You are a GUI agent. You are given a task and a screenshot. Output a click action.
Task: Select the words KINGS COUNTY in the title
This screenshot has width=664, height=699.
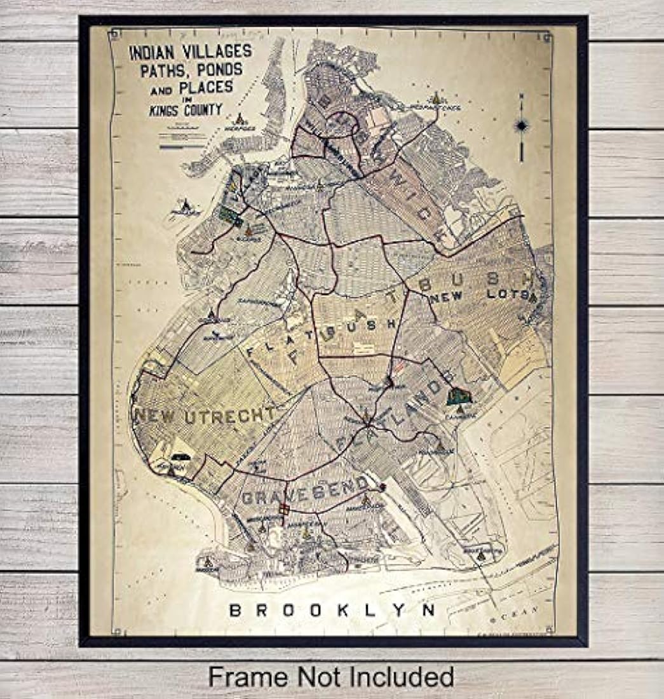tap(186, 110)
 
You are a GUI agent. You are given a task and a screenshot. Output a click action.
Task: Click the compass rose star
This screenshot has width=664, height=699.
tap(521, 126)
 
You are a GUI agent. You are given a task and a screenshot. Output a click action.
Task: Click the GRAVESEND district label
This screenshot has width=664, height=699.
tap(304, 490)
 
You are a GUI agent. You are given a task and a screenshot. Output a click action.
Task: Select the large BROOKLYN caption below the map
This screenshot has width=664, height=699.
tap(332, 610)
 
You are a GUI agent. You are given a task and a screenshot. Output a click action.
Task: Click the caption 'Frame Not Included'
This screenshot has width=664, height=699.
tap(331, 676)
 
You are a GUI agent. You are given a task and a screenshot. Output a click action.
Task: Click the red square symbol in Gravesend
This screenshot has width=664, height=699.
tap(285, 509)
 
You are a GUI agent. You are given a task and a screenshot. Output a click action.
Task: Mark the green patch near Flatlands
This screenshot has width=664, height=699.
tap(458, 397)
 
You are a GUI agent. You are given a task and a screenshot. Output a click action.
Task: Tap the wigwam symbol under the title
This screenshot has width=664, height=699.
tap(240, 119)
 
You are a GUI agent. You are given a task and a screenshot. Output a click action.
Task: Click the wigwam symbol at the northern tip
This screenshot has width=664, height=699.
tap(436, 98)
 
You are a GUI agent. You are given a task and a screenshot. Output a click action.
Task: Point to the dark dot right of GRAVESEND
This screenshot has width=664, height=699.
tap(382, 487)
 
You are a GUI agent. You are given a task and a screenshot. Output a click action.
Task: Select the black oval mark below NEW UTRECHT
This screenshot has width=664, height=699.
tap(180, 457)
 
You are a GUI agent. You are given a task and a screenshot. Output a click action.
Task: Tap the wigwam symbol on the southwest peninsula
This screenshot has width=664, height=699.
tap(207, 562)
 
